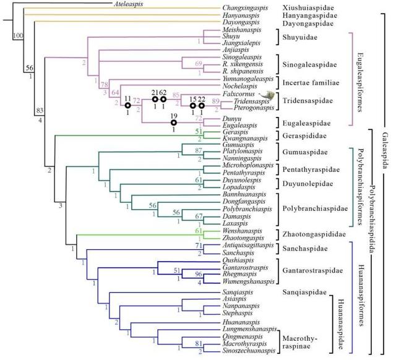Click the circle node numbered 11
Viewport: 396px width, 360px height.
pos(127,106)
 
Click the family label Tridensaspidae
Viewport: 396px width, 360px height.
pos(305,100)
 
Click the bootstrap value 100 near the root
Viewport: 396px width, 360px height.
pos(18,36)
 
